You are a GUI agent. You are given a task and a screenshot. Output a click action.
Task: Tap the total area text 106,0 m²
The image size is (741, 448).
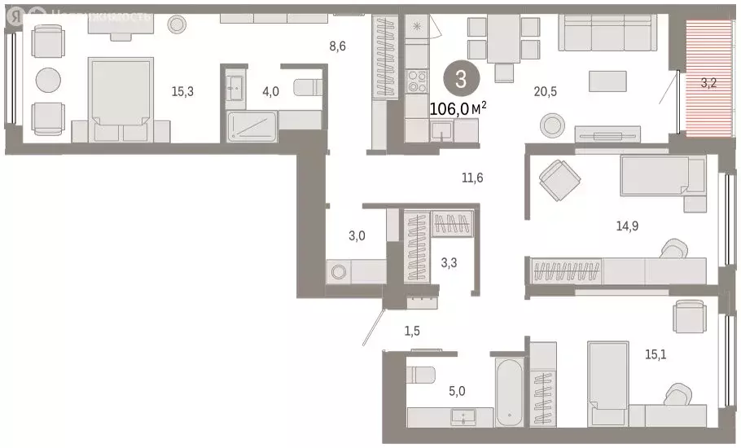[x=457, y=108]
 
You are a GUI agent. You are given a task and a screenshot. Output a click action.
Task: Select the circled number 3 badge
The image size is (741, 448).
[x=461, y=79]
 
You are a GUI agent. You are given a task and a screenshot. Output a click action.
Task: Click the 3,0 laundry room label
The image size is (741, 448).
[x=357, y=236]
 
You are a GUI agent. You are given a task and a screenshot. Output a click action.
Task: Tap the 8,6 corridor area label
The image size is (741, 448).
[x=337, y=46]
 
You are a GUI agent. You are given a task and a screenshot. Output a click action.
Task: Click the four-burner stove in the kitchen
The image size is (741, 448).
[x=417, y=81]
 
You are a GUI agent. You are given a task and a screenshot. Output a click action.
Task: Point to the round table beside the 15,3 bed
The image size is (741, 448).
[x=48, y=80]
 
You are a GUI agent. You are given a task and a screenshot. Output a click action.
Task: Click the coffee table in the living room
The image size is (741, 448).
[x=607, y=81]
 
